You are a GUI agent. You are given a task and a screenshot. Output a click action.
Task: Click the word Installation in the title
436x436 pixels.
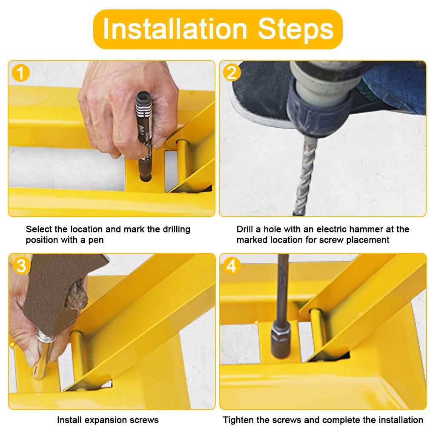pyautogui.click(x=175, y=29)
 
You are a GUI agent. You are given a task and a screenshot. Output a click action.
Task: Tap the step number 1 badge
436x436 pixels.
pyautogui.click(x=20, y=73)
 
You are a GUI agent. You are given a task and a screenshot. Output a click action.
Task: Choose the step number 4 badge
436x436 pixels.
pyautogui.click(x=232, y=266)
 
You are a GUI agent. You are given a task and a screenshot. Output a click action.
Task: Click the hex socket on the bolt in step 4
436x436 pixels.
pyautogui.click(x=281, y=340)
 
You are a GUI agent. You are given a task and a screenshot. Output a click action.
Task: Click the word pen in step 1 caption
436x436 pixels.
pyautogui.click(x=96, y=240)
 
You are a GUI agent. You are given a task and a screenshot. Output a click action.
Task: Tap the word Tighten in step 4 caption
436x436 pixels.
pyautogui.click(x=238, y=419)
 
